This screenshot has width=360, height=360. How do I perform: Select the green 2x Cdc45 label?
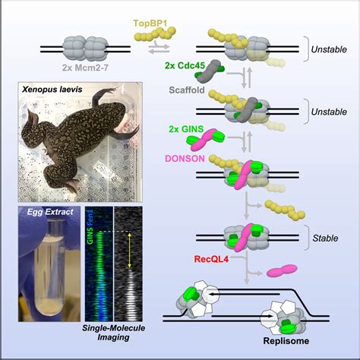tap(182, 66)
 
